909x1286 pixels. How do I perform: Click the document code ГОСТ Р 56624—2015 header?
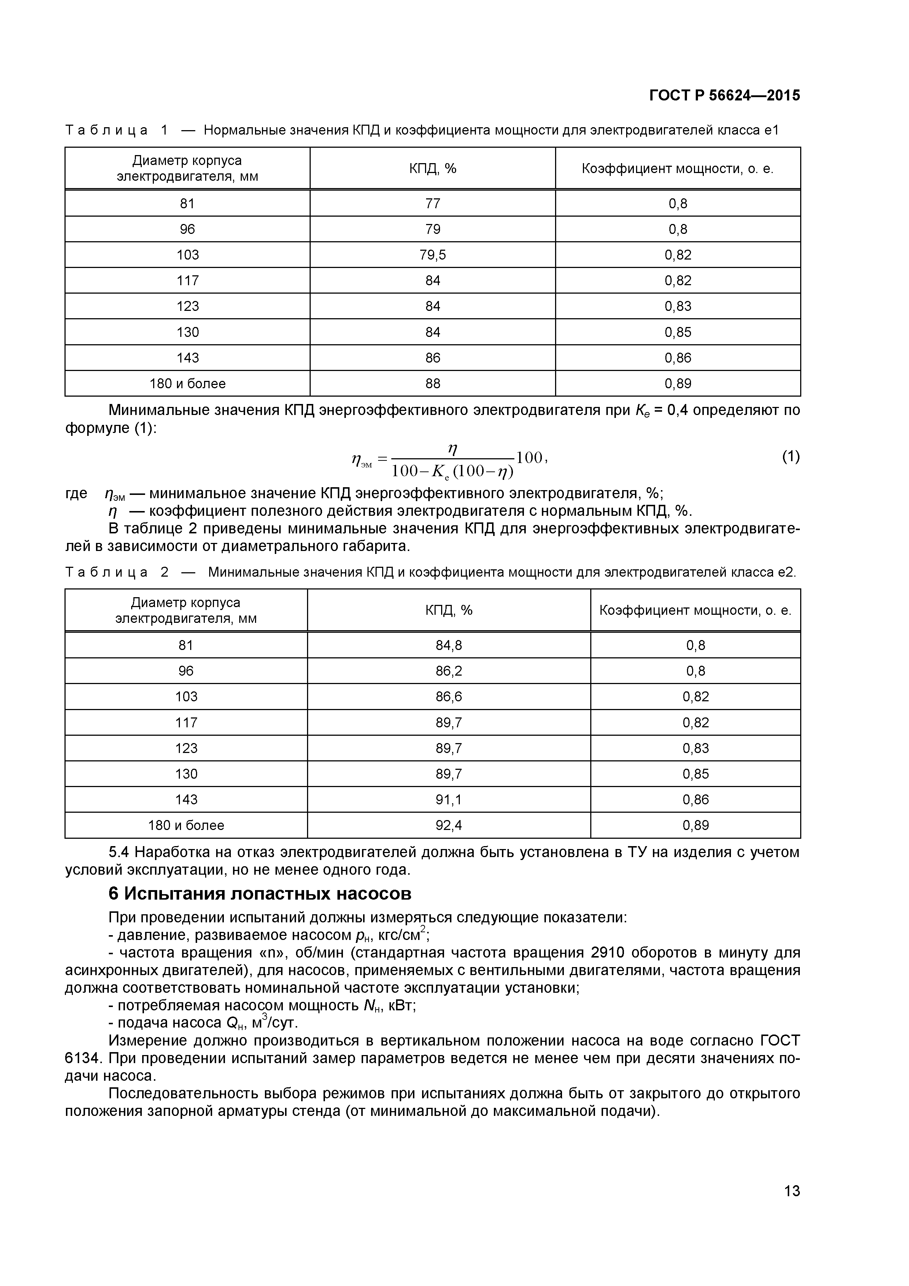[x=724, y=96]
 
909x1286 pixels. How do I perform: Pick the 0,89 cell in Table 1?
[x=678, y=384]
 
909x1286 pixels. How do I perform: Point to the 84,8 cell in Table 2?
[x=448, y=645]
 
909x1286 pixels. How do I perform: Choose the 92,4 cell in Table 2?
[x=448, y=825]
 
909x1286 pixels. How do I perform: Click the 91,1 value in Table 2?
[x=448, y=799]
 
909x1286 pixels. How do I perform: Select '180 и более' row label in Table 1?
[x=188, y=384]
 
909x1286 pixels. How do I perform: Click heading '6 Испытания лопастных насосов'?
[x=260, y=894]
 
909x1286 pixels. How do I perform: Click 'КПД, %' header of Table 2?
[x=448, y=610]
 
